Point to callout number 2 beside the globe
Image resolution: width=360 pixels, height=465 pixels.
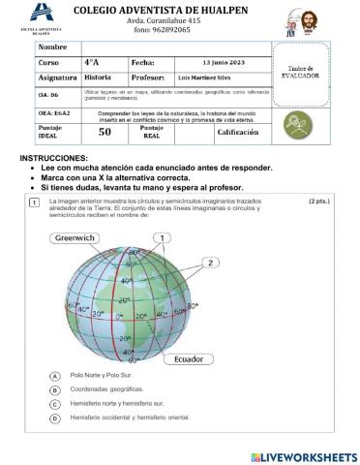point(209,262)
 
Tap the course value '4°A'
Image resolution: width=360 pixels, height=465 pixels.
point(93,62)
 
